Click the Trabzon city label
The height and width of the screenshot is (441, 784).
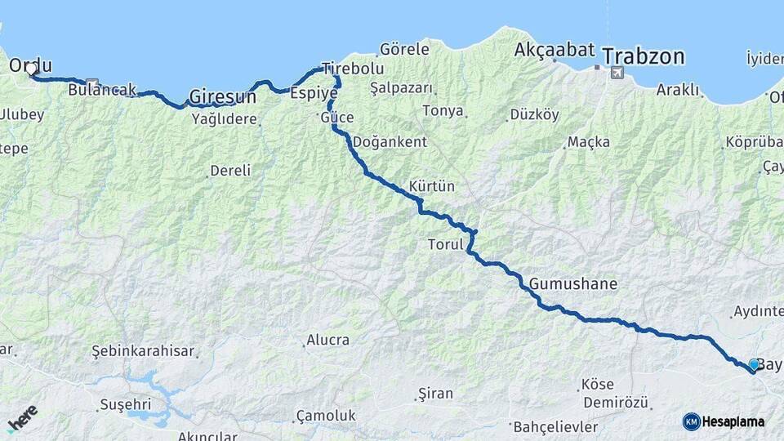[644, 56]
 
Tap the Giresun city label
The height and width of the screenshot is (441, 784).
[222, 97]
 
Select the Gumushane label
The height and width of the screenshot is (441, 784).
[573, 284]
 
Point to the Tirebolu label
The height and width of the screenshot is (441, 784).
[352, 68]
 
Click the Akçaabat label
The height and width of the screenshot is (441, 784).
[555, 50]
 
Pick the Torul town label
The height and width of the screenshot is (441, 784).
[445, 244]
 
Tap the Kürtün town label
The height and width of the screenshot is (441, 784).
[431, 186]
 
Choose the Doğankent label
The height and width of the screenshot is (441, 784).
[390, 142]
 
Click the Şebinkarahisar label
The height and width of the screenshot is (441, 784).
[143, 351]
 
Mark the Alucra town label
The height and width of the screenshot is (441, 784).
[327, 340]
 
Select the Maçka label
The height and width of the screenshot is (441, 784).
[589, 142]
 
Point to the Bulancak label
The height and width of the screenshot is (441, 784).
[101, 90]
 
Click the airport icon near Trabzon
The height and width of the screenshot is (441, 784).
[615, 73]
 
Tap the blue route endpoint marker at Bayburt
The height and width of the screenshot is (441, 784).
[753, 364]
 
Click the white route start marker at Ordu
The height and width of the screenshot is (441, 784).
[32, 69]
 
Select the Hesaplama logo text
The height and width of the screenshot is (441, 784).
[733, 422]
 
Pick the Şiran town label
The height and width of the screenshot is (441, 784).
[434, 394]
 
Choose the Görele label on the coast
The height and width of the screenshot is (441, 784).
[404, 50]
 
